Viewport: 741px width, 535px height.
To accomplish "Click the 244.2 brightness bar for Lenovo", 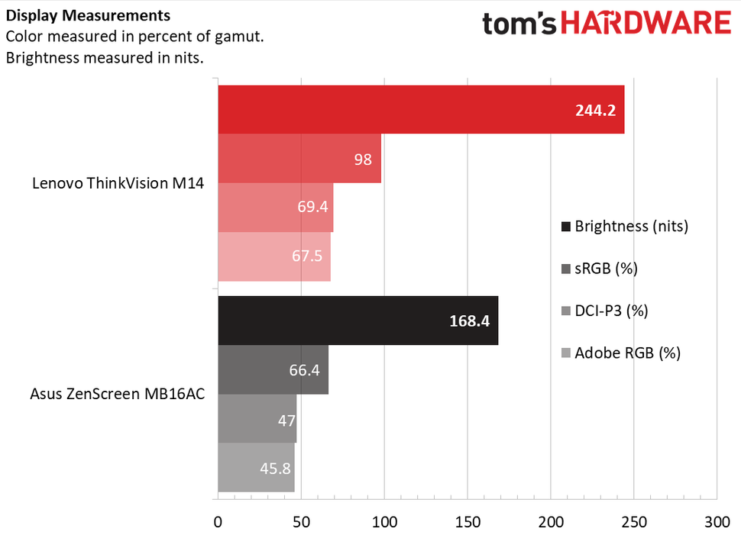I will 421,109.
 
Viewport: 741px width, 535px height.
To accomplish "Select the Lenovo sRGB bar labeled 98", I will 299,158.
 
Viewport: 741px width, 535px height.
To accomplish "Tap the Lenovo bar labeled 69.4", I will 276,207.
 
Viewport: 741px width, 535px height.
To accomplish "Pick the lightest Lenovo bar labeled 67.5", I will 274,256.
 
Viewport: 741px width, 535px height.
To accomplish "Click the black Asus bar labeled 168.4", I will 358,321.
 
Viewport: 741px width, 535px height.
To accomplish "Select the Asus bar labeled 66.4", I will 273,369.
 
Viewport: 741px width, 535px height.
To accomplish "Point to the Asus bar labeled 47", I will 257,418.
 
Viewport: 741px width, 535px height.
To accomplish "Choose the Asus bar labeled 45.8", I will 256,468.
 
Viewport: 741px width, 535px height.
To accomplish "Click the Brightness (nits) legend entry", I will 624,227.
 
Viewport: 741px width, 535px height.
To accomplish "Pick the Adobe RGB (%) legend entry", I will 620,353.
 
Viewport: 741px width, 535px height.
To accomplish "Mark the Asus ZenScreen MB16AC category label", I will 117,395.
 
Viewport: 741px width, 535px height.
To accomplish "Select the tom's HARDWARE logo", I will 606,23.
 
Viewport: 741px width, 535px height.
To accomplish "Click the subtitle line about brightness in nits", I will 105,57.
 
